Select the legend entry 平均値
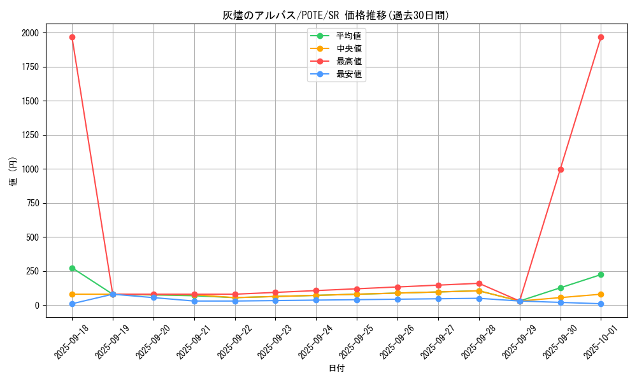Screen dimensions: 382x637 348,36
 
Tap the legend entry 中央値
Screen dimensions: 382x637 348,48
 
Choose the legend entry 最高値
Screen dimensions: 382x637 348,61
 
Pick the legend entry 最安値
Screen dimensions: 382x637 348,74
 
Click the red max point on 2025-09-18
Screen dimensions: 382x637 72,37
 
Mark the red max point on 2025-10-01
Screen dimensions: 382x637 601,37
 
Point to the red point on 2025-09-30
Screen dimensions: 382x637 561,169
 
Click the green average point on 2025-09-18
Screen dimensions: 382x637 72,268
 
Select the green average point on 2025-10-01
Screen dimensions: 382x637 601,274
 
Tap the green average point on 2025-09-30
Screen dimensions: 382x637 561,288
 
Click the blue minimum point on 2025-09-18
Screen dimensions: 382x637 72,304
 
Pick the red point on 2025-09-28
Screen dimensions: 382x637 479,283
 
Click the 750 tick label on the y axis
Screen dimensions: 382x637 31,203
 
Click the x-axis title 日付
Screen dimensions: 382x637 336,368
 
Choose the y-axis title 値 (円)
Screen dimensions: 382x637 13,173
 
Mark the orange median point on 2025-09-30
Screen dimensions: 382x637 561,297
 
